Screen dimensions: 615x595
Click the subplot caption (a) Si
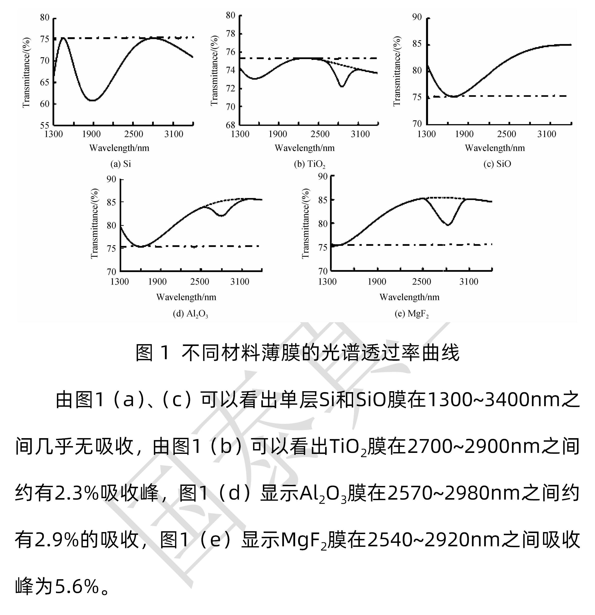tap(121, 164)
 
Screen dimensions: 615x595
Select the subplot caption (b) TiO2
tap(309, 164)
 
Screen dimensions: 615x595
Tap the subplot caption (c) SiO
tap(497, 164)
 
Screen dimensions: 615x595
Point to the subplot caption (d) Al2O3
tap(190, 314)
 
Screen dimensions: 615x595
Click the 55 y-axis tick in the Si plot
tap(44, 125)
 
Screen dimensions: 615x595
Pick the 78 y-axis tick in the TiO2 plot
tap(231, 33)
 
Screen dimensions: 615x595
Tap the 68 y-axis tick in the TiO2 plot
tap(231, 125)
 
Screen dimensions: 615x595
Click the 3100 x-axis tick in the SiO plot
tap(547, 134)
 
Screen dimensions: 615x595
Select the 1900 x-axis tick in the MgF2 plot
tap(377, 282)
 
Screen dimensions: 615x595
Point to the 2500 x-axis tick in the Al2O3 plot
tap(200, 282)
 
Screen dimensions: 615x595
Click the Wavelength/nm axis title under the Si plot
tap(119, 148)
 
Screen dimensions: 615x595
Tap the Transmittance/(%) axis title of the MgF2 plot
tap(305, 223)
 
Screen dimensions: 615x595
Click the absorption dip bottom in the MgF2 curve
tap(448, 225)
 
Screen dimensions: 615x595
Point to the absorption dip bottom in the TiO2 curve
tap(342, 86)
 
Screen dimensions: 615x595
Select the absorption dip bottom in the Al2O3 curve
tap(222, 216)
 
